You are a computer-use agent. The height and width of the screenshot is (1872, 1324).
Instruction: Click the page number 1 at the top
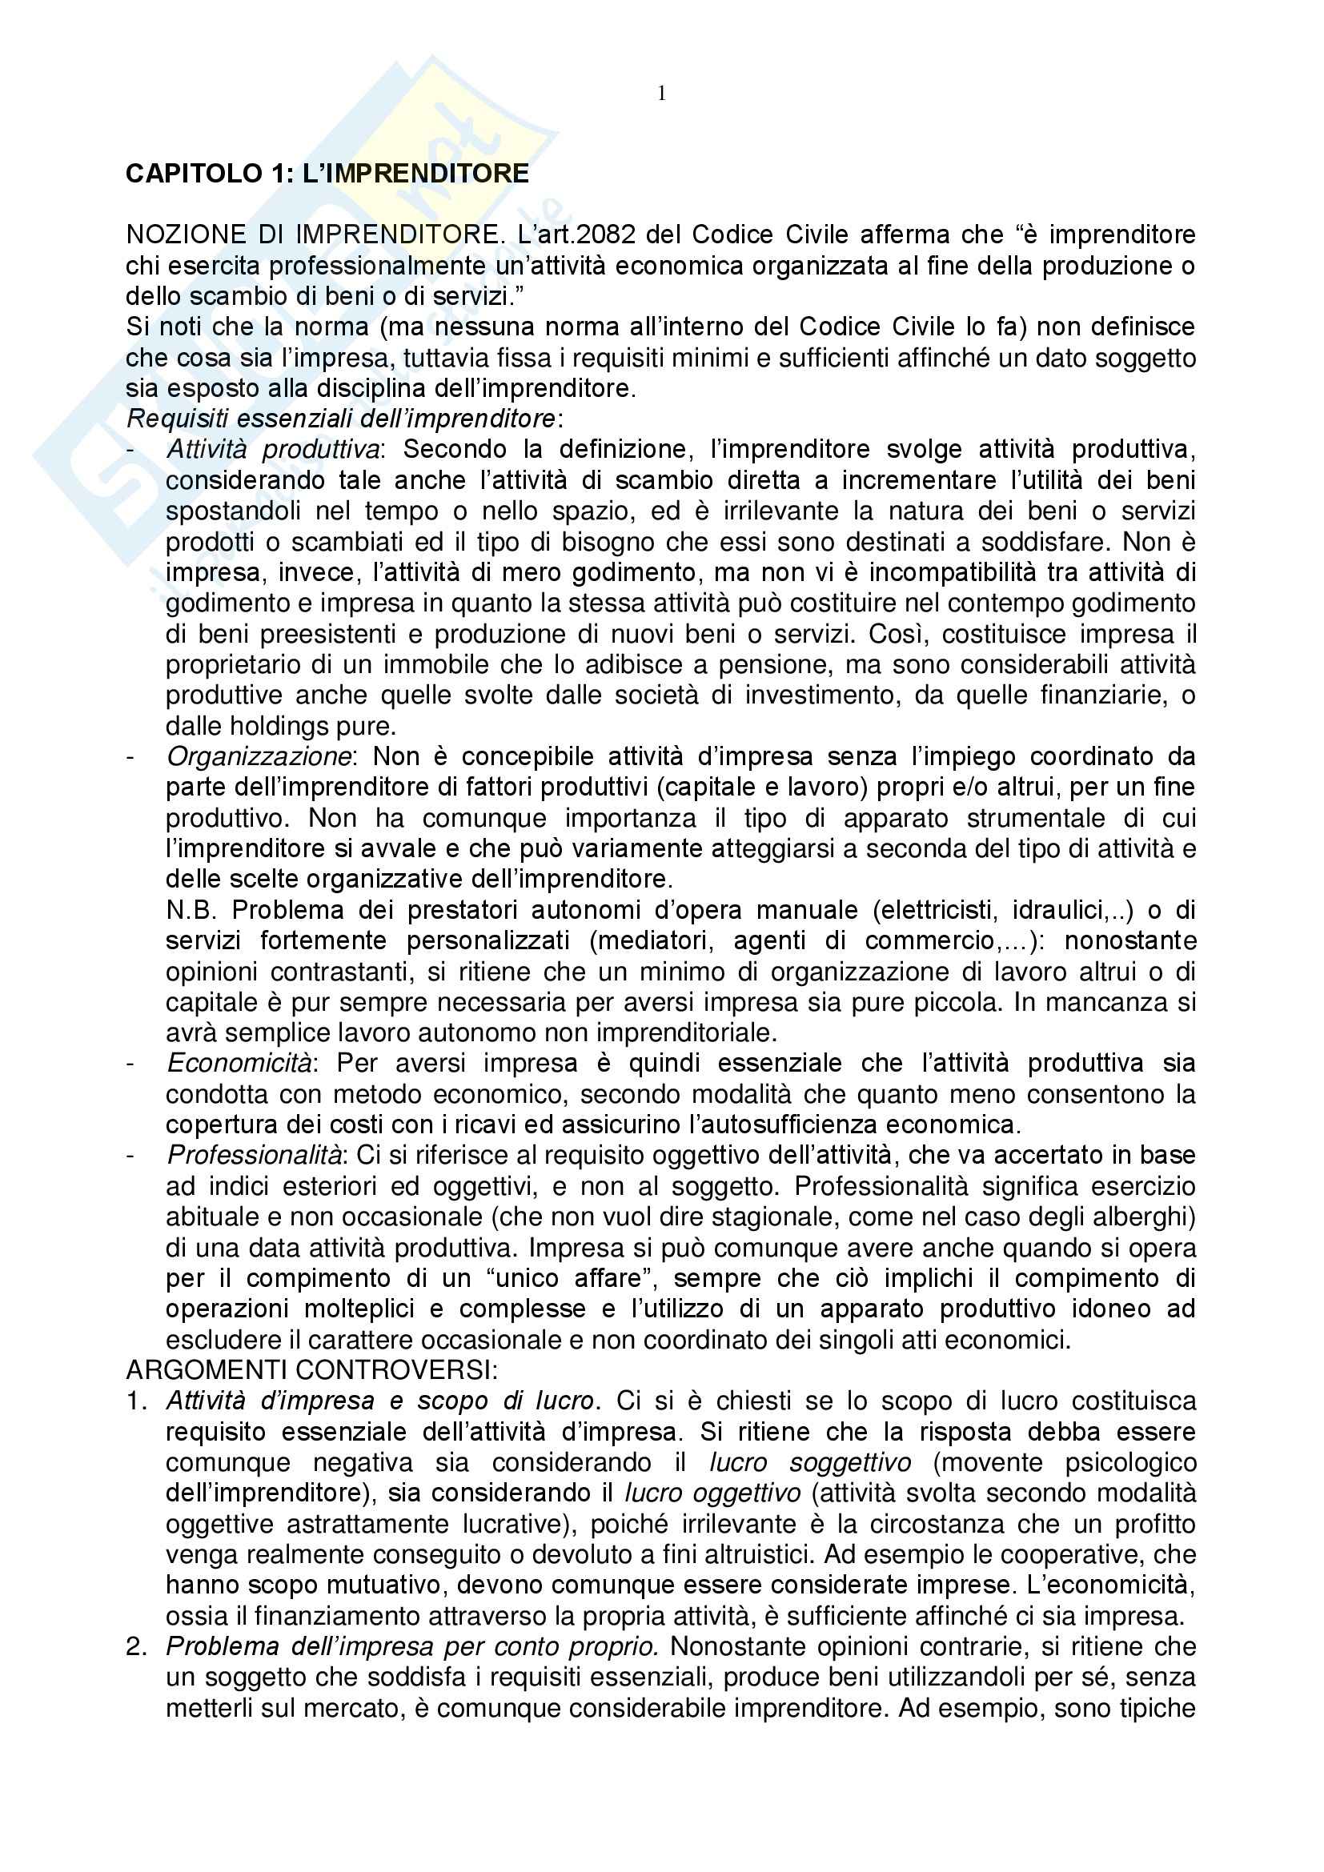[x=661, y=94]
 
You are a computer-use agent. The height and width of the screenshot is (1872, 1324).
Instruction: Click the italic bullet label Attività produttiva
[x=273, y=449]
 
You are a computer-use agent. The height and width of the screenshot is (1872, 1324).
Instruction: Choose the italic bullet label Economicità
[x=239, y=1063]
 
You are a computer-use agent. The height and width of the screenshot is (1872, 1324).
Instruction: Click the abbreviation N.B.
[x=191, y=910]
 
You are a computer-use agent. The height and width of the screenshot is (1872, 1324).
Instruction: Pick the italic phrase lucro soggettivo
[x=811, y=1463]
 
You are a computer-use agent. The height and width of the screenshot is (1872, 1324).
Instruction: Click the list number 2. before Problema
[x=136, y=1647]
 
